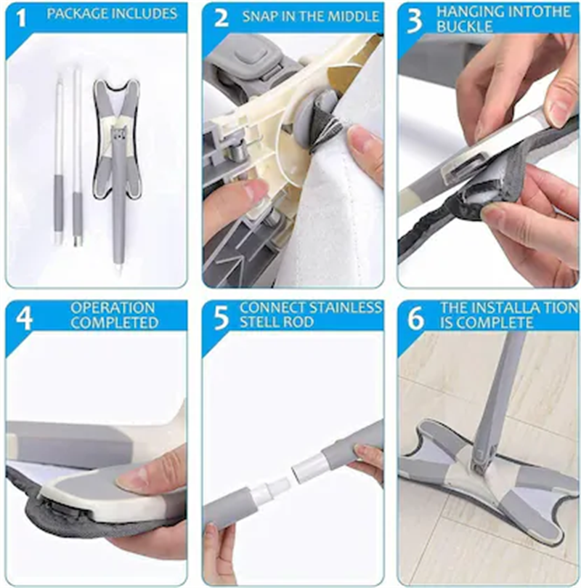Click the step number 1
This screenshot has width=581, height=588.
tap(22, 17)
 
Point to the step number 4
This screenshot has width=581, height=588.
tap(23, 318)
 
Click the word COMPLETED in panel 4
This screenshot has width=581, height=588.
tap(113, 322)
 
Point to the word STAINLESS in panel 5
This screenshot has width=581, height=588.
tap(345, 307)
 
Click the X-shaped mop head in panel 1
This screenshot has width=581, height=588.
tap(118, 145)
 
